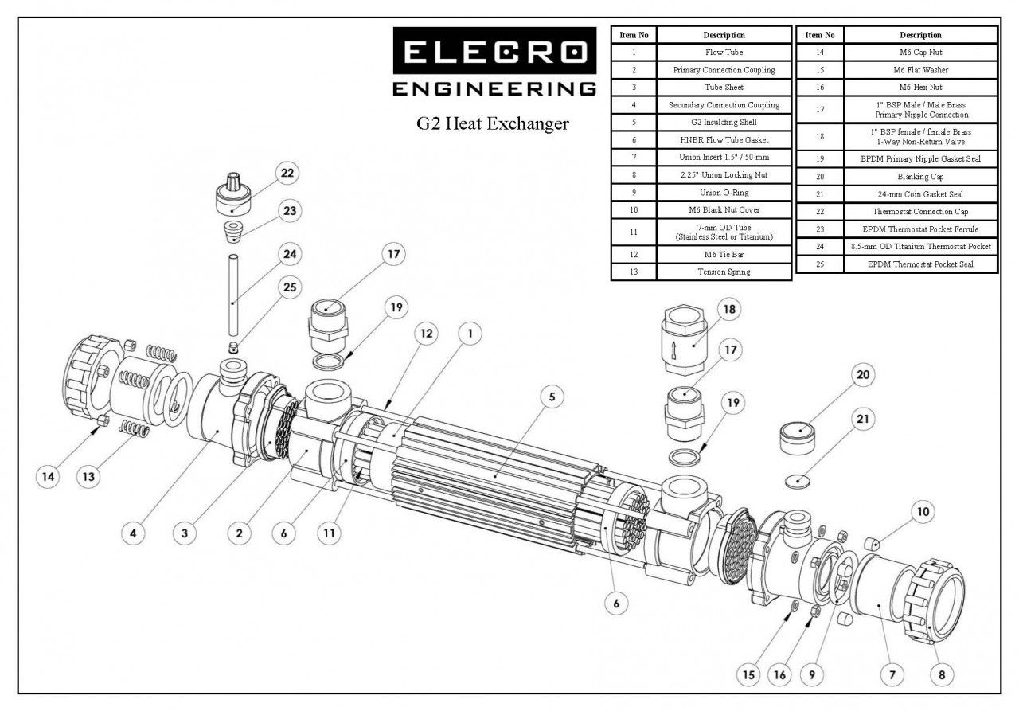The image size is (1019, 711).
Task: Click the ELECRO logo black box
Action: (494, 52)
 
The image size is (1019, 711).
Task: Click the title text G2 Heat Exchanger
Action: (494, 123)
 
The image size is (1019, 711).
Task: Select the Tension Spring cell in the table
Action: (724, 272)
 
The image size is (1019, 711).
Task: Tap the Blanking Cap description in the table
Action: (920, 176)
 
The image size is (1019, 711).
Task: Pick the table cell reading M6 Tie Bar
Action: (724, 254)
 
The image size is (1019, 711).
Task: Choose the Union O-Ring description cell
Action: (724, 193)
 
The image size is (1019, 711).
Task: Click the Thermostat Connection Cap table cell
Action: (920, 211)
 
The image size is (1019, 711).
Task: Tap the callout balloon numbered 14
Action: (49, 476)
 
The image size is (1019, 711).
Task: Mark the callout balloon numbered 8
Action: (942, 675)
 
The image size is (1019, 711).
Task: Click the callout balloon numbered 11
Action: (327, 533)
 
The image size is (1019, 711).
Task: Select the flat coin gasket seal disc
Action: (797, 481)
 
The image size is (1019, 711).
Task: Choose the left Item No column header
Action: (634, 35)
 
